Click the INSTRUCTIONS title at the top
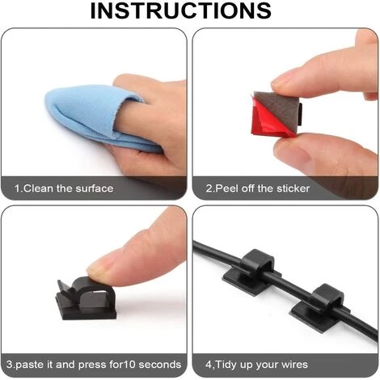[181, 11]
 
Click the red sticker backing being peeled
[267, 119]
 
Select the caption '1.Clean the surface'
[64, 188]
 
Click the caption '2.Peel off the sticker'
[258, 188]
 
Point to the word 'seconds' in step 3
[160, 365]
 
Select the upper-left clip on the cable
[251, 272]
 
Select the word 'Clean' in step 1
[39, 188]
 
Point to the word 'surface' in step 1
[95, 188]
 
